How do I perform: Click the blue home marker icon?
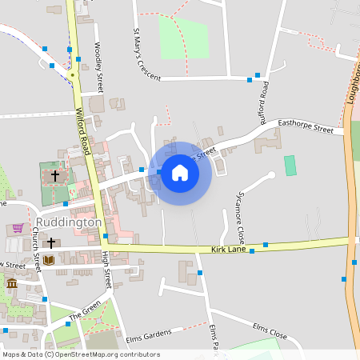click(x=180, y=172)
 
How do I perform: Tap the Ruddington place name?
click(x=69, y=222)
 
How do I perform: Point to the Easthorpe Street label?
click(x=305, y=127)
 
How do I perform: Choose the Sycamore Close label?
click(x=238, y=218)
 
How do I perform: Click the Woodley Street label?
click(x=99, y=67)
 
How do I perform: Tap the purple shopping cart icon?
click(x=18, y=228)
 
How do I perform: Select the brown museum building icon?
click(x=11, y=283)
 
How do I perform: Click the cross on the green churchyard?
click(x=55, y=174)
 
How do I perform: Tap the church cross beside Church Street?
click(x=51, y=242)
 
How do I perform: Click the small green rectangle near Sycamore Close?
click(x=290, y=166)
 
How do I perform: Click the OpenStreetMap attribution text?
click(x=80, y=354)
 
